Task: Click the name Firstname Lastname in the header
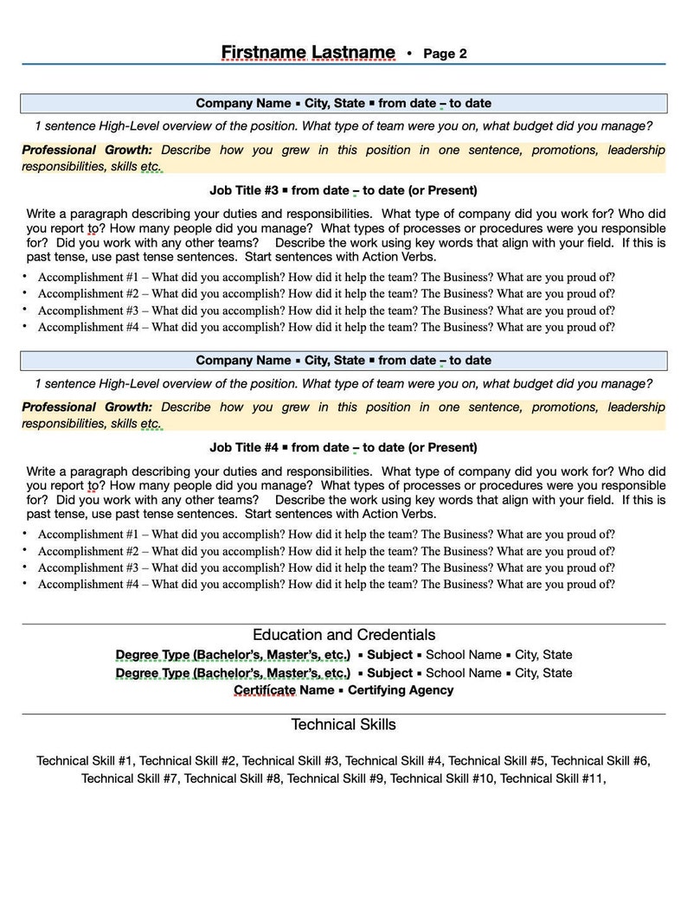point(308,53)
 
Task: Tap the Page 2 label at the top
point(445,54)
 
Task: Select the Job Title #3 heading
point(343,190)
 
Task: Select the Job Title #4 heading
point(343,447)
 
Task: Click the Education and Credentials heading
point(343,635)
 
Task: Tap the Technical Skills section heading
point(343,724)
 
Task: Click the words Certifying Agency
point(400,690)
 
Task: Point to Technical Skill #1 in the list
point(85,761)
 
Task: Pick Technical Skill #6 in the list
point(600,761)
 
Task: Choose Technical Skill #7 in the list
point(131,778)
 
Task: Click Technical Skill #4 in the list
point(394,761)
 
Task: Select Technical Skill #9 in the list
point(337,778)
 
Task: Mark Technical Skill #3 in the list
point(291,761)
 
